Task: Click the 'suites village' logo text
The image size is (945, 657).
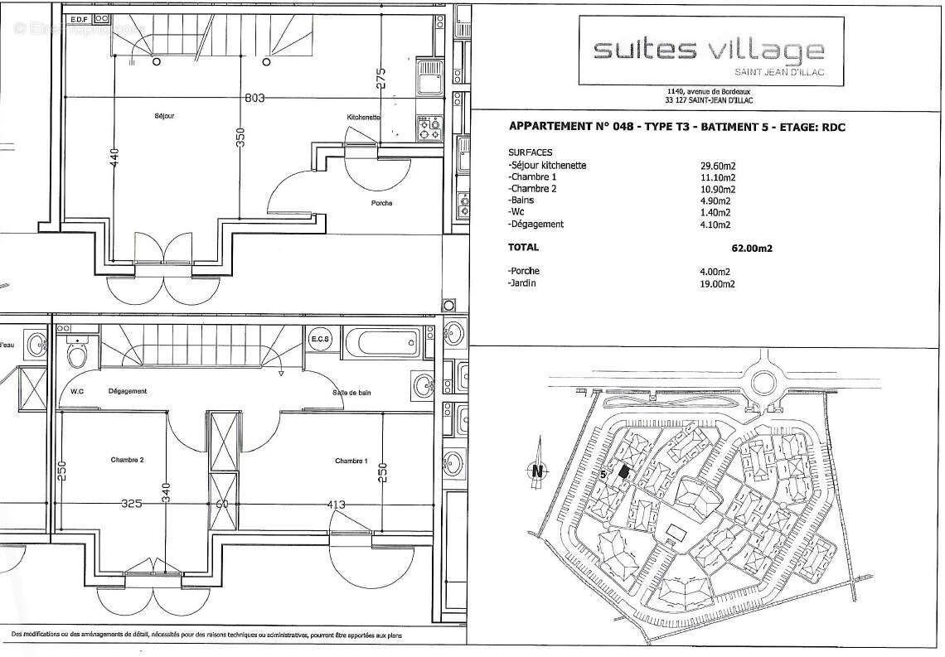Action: (709, 52)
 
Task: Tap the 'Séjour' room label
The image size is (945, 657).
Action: (162, 116)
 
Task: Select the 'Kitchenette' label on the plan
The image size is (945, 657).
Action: (364, 118)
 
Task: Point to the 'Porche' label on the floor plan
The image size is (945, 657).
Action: (382, 203)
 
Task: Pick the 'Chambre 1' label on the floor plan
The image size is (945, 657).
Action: (351, 461)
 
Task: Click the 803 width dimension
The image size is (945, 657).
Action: (254, 99)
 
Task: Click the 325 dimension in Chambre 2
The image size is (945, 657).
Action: (129, 503)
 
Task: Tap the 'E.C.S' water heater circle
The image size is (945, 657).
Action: (320, 341)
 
